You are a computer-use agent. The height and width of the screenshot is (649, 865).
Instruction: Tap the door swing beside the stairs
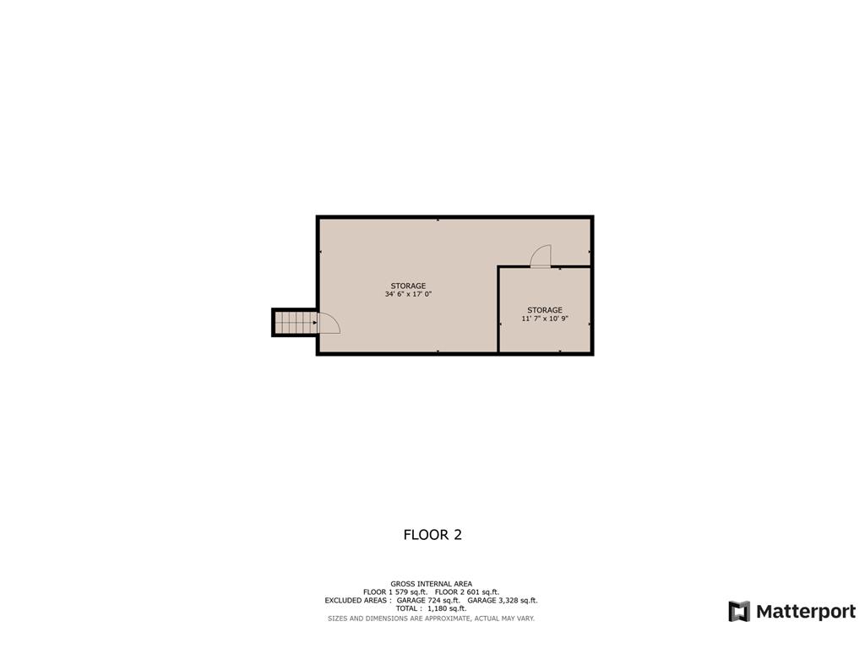[x=328, y=324]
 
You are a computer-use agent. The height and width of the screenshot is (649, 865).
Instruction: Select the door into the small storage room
[x=541, y=256]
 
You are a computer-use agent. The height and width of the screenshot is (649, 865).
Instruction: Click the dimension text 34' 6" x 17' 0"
[x=408, y=295]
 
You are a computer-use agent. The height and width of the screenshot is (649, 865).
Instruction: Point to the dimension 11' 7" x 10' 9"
[x=545, y=319]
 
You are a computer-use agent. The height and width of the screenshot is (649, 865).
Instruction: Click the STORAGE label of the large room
[x=408, y=286]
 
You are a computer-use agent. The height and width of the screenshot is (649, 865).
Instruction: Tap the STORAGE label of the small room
[x=545, y=310]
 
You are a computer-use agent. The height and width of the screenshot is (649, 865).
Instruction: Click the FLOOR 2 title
[x=432, y=535]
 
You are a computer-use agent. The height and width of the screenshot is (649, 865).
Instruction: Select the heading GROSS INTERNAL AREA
[x=431, y=583]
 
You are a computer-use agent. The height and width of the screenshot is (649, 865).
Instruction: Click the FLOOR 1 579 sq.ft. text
[x=395, y=592]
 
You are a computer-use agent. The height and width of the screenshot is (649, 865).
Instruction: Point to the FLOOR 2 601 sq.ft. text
[x=467, y=592]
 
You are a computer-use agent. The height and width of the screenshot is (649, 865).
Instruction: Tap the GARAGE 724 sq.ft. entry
[x=428, y=600]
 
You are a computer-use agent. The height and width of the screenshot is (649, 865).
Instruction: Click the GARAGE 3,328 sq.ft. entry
[x=503, y=600]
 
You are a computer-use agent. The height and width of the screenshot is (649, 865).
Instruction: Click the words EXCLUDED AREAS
[x=357, y=600]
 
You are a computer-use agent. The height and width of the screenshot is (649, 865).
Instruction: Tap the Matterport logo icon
[x=739, y=611]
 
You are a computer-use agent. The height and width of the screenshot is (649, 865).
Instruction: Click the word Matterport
[x=805, y=611]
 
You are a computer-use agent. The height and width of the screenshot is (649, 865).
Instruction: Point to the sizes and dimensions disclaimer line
[x=431, y=619]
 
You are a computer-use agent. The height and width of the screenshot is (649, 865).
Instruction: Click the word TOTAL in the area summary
[x=408, y=608]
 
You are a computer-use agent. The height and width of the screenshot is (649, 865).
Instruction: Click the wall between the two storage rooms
[x=498, y=310]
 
